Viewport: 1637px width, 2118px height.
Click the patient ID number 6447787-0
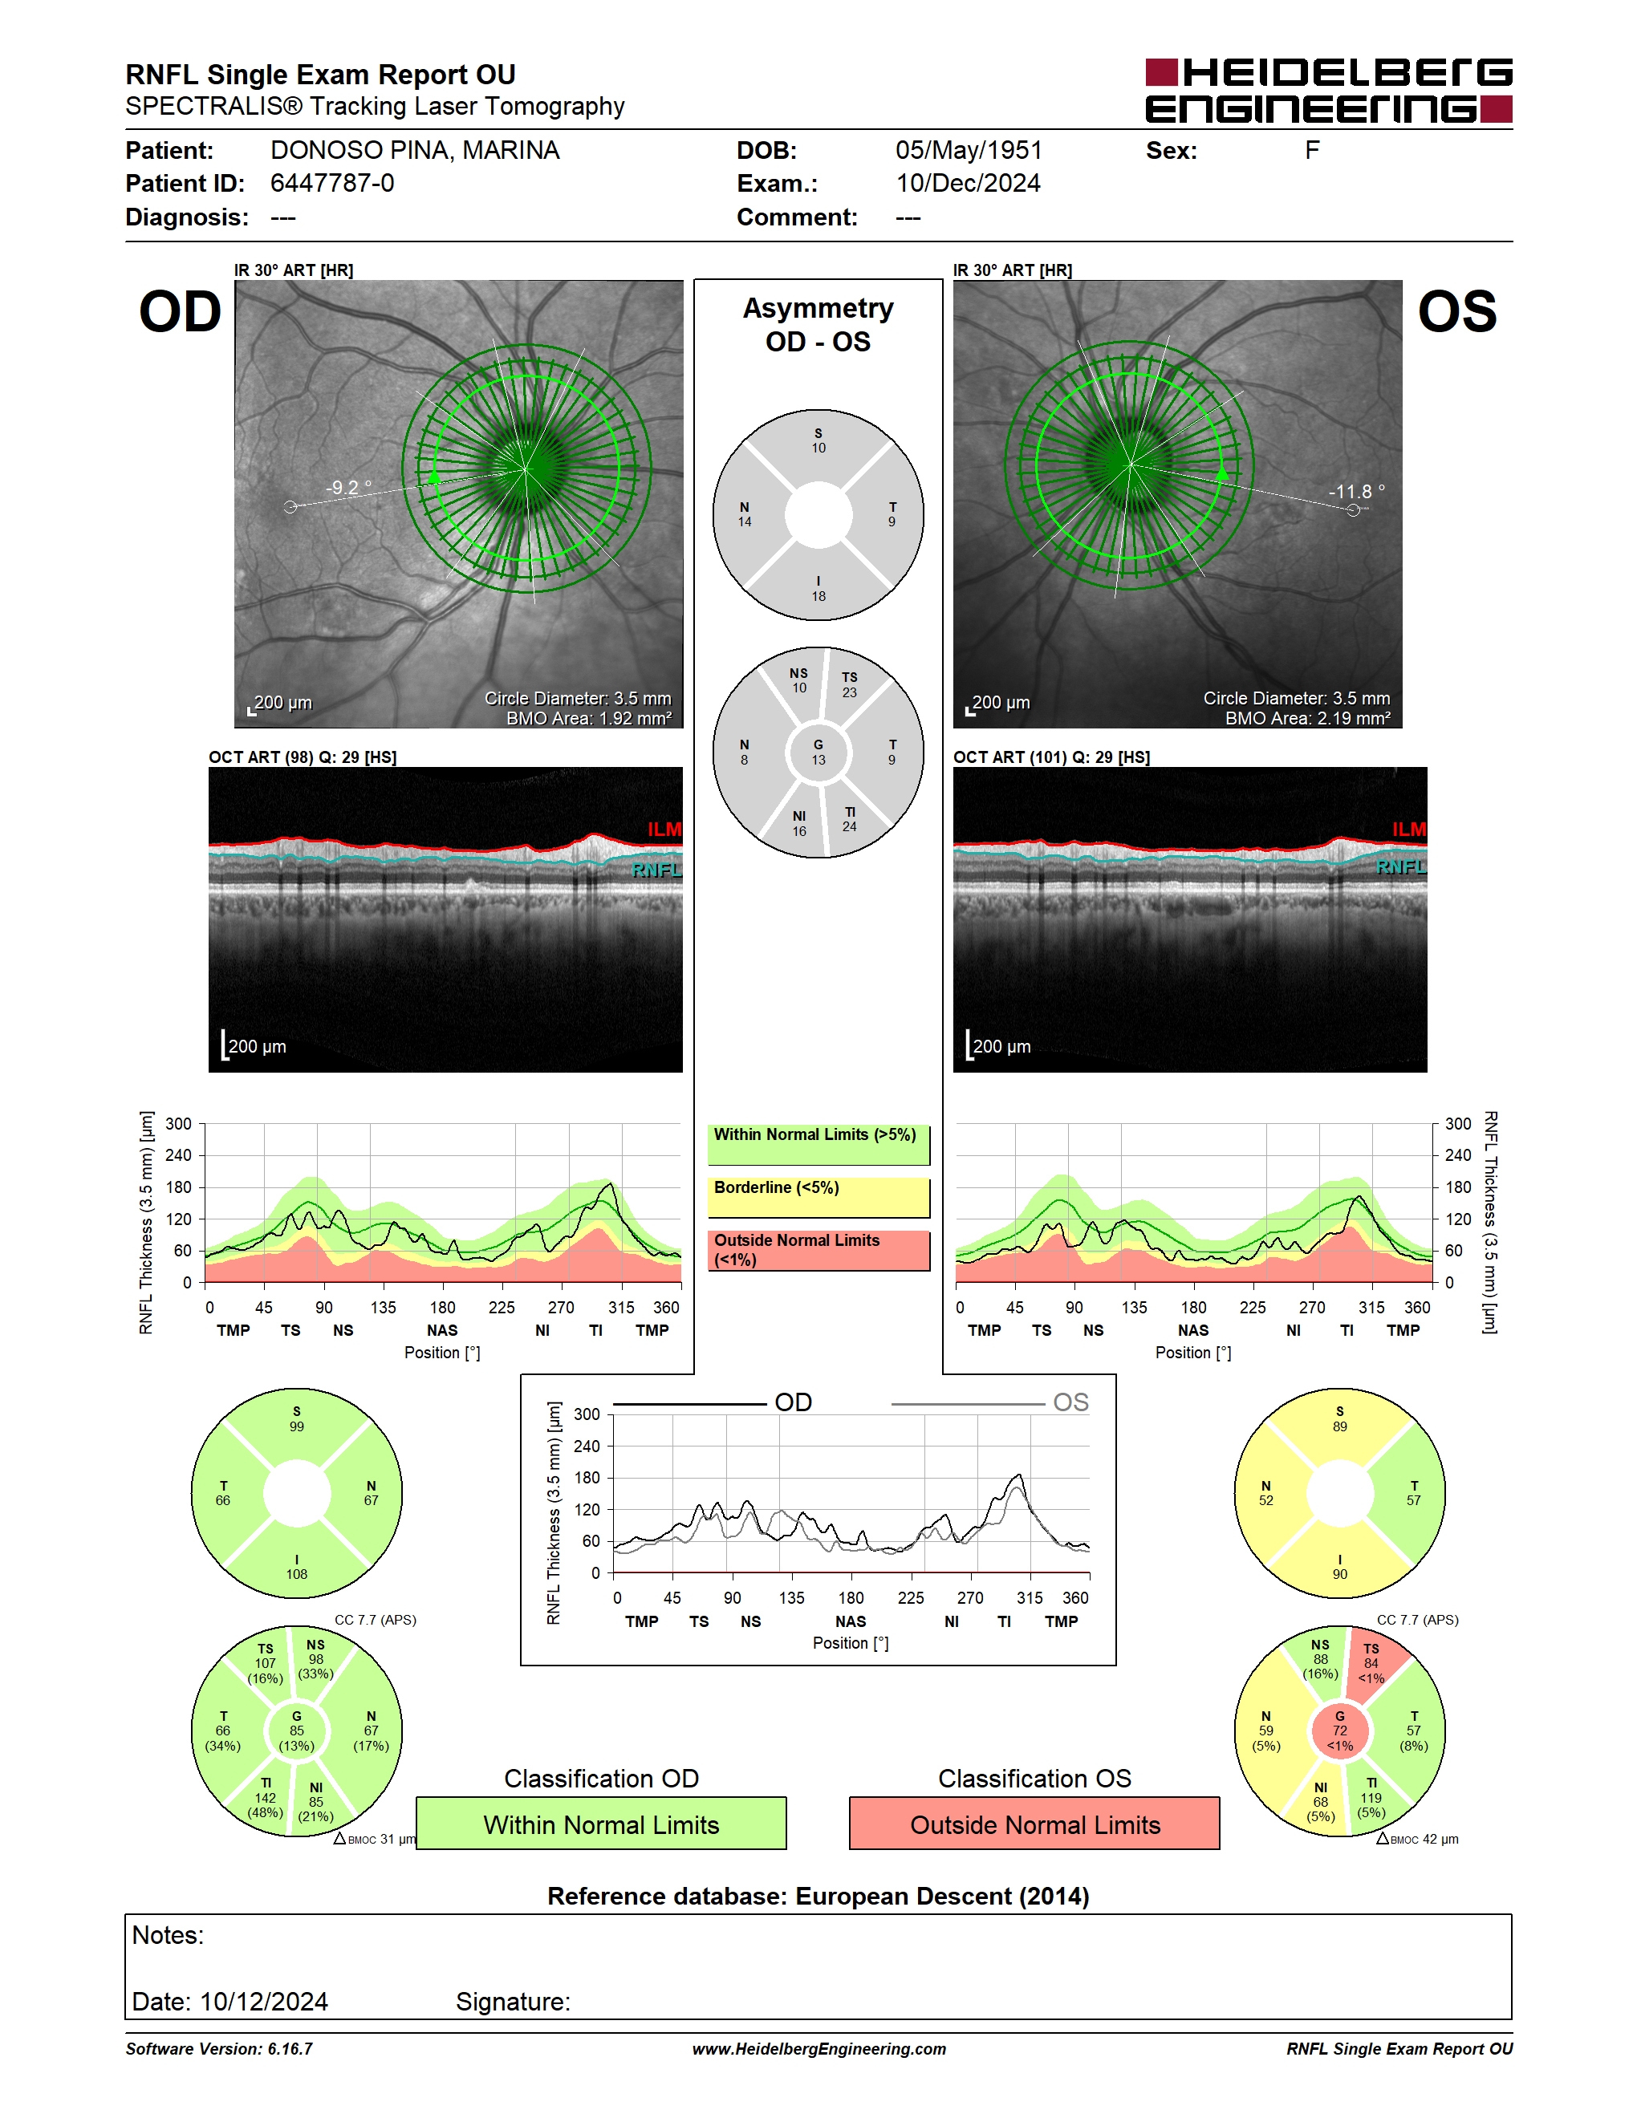(x=331, y=183)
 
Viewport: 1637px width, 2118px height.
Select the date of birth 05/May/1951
(x=969, y=150)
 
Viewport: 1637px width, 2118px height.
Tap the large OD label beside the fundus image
(x=181, y=311)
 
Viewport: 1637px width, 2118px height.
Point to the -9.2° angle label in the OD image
(x=349, y=487)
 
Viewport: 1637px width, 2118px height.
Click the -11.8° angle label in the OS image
(x=1357, y=492)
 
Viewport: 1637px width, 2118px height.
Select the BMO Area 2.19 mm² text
(x=1307, y=718)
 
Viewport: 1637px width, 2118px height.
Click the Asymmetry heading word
(x=818, y=308)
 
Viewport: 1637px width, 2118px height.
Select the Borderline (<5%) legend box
(x=818, y=1198)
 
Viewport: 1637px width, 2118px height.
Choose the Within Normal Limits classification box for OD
(x=601, y=1824)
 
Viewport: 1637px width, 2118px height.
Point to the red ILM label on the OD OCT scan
(x=664, y=830)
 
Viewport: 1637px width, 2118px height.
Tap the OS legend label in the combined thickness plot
(x=1070, y=1402)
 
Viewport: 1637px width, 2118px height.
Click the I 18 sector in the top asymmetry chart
(x=818, y=588)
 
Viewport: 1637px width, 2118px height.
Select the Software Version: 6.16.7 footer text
(x=219, y=2049)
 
